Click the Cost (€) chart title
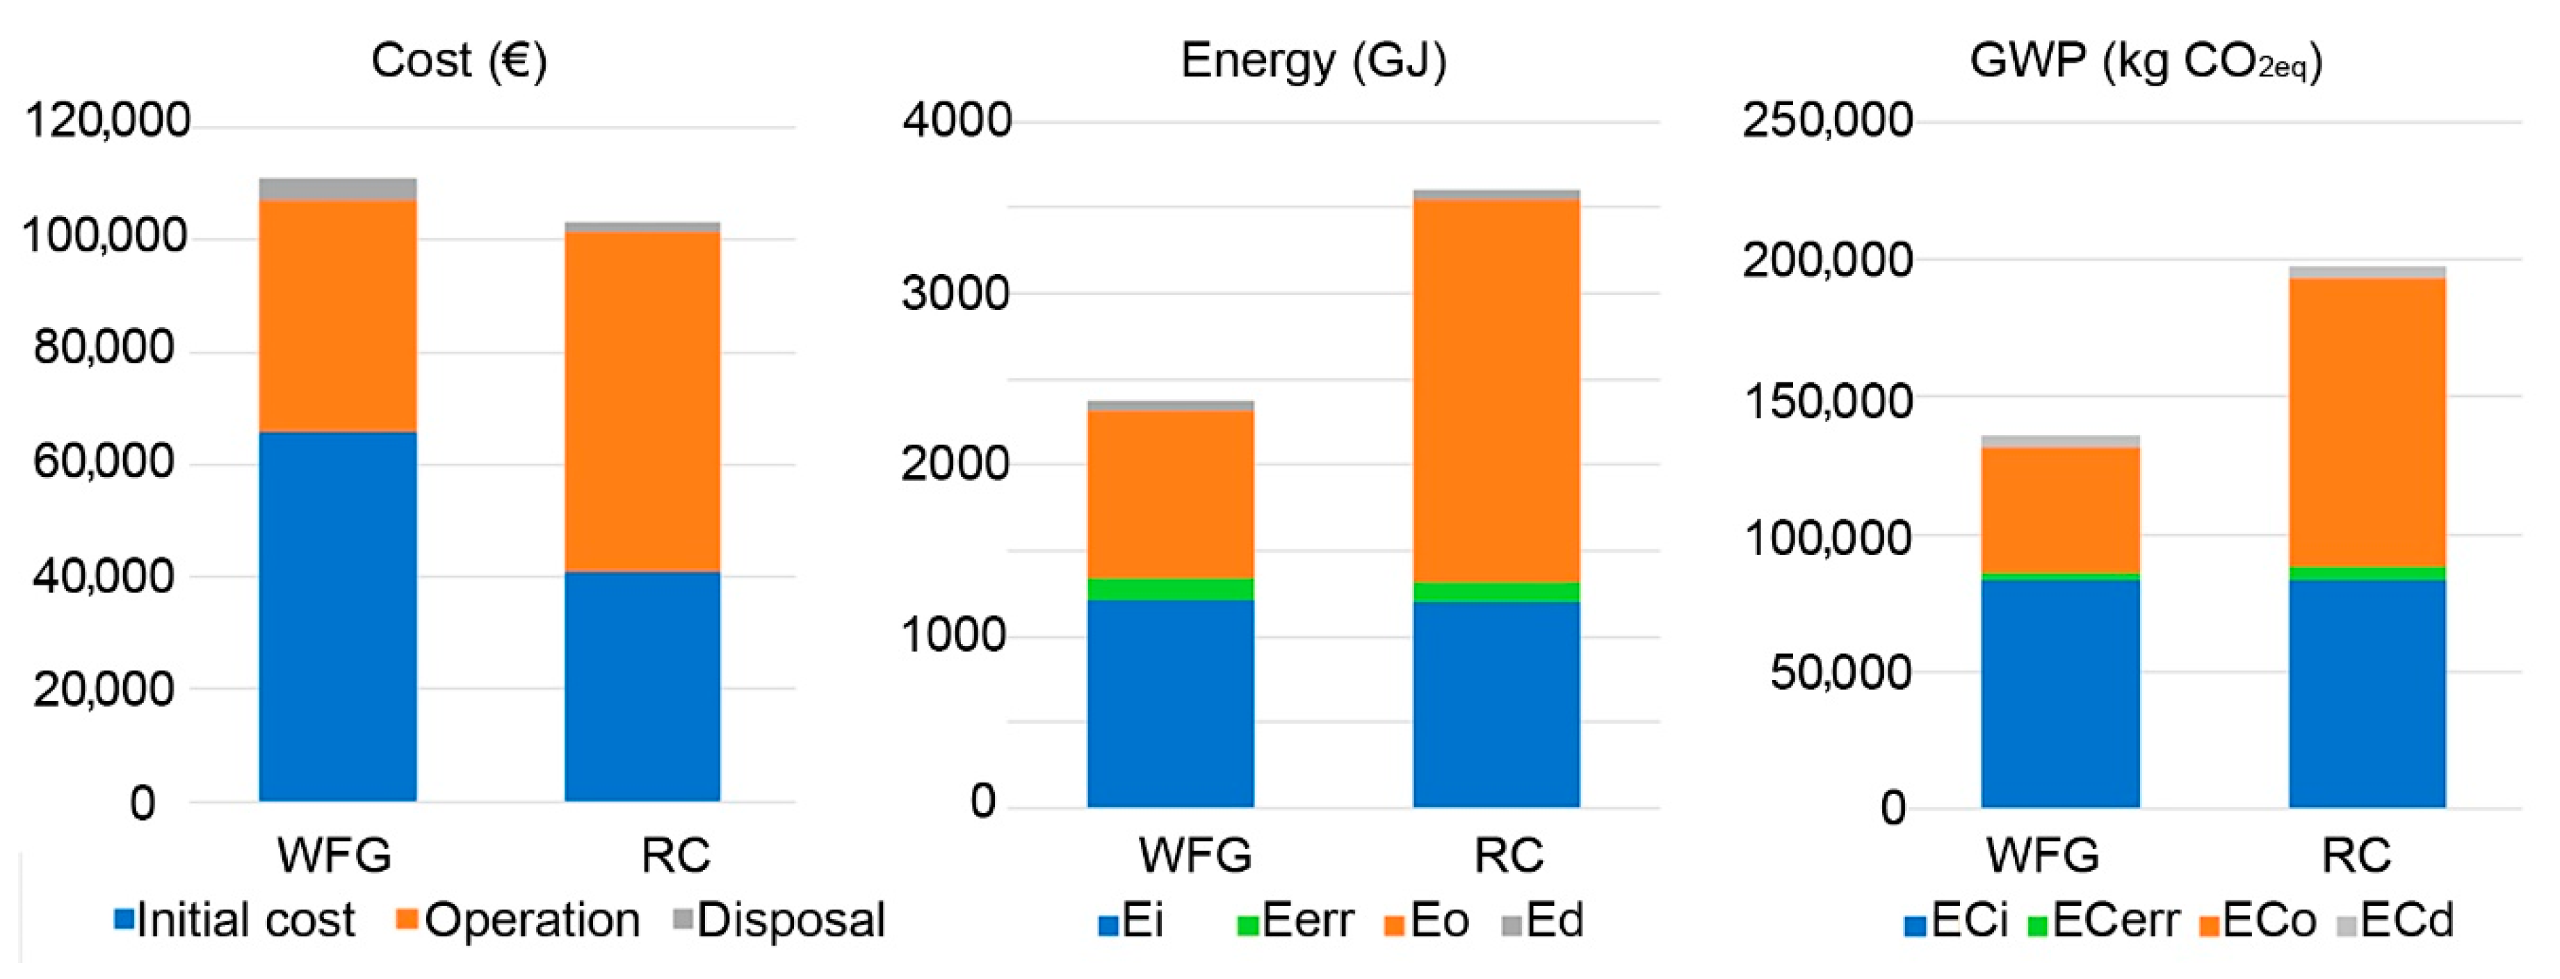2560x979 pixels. pos(458,62)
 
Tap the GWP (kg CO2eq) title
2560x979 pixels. pos(2146,62)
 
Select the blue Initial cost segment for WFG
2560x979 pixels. pos(338,616)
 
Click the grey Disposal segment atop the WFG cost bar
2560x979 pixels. pos(338,189)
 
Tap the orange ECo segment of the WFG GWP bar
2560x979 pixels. pos(2060,510)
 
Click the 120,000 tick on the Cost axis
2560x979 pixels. pos(107,120)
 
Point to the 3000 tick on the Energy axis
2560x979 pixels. pos(955,294)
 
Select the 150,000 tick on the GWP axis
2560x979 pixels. pos(1826,400)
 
